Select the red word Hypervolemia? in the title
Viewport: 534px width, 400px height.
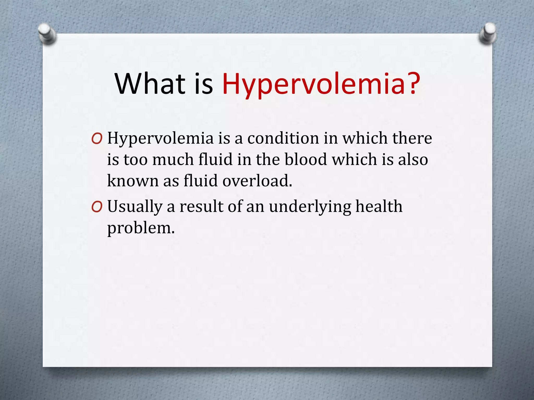pyautogui.click(x=321, y=84)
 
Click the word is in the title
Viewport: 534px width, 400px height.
pyautogui.click(x=204, y=84)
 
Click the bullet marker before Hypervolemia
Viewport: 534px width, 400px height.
pyautogui.click(x=97, y=139)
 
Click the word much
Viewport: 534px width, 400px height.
pyautogui.click(x=173, y=159)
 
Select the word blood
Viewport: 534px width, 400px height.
pyautogui.click(x=306, y=159)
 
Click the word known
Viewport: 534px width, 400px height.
pyautogui.click(x=133, y=181)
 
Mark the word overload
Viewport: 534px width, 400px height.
pyautogui.click(x=257, y=181)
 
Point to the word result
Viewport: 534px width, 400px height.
pyautogui.click(x=201, y=207)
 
